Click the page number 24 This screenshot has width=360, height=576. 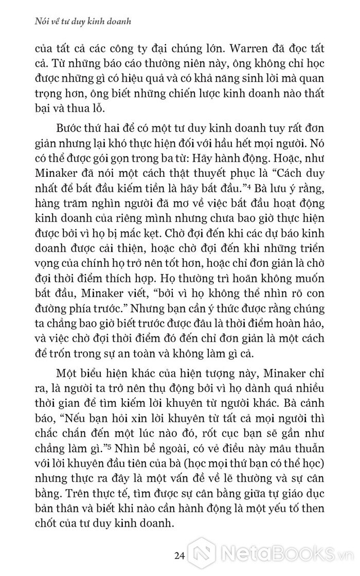coord(179,555)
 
